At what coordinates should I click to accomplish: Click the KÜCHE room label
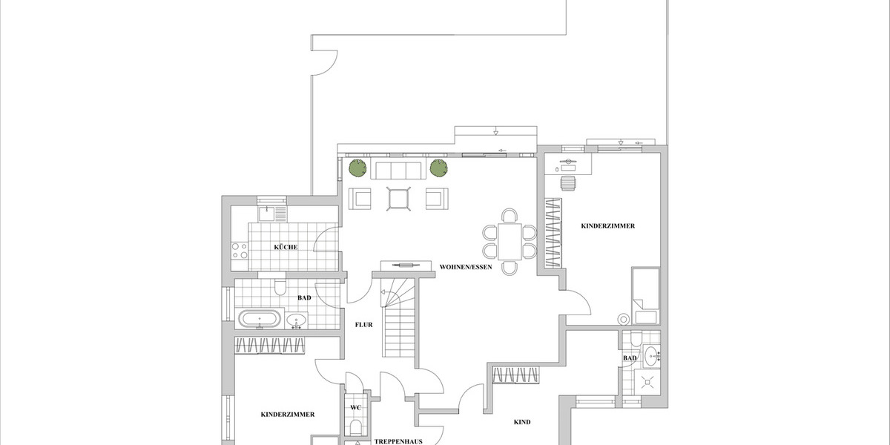tap(286, 247)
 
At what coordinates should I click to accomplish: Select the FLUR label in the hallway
tap(363, 325)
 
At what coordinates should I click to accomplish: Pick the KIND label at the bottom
tap(522, 422)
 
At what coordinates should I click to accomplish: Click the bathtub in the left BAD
tap(260, 320)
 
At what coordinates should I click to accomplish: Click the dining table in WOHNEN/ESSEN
tap(510, 241)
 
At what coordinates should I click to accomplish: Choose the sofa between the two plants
tap(398, 170)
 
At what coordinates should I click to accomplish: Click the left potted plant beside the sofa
tap(358, 168)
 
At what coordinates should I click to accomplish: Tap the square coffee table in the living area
tap(398, 199)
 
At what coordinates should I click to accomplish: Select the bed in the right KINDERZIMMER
tap(644, 295)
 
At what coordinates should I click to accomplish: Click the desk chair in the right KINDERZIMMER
tap(567, 182)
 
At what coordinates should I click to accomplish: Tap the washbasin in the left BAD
tap(297, 321)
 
